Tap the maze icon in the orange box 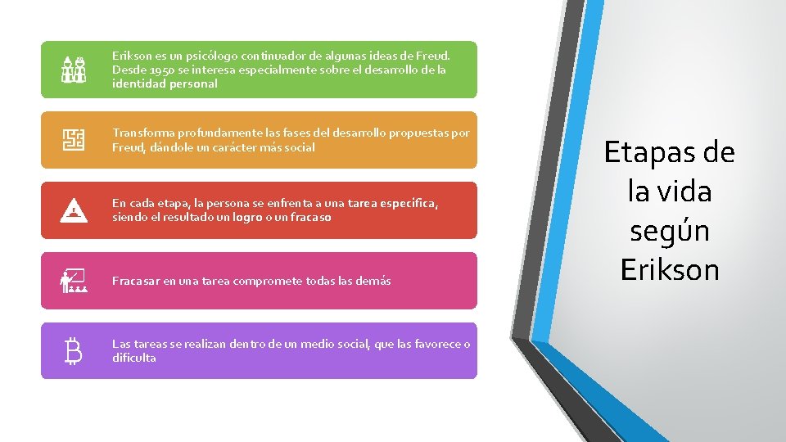[74, 140]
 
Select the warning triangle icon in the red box [74, 211]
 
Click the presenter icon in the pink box [74, 281]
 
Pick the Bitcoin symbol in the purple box [74, 351]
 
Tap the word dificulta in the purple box [134, 358]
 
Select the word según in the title [669, 231]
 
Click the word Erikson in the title [670, 269]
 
